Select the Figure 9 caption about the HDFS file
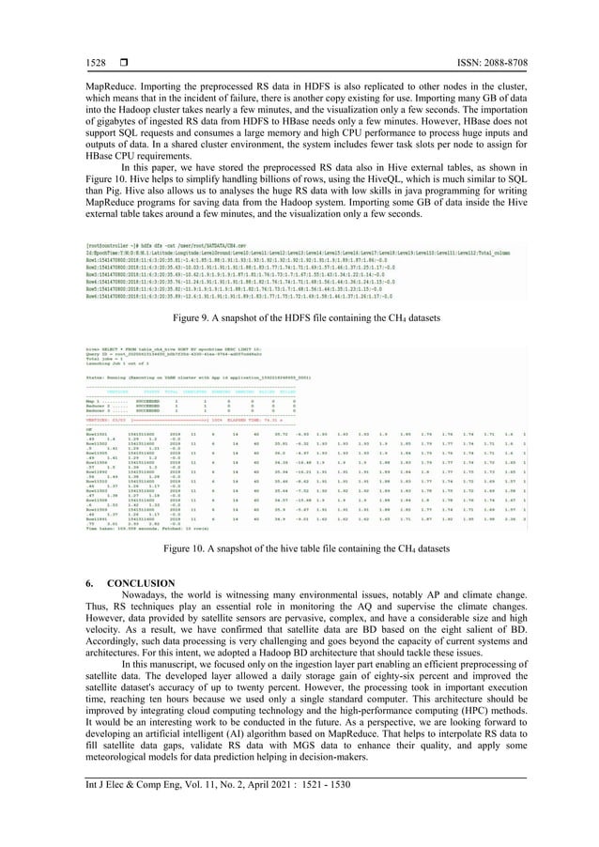299,320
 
